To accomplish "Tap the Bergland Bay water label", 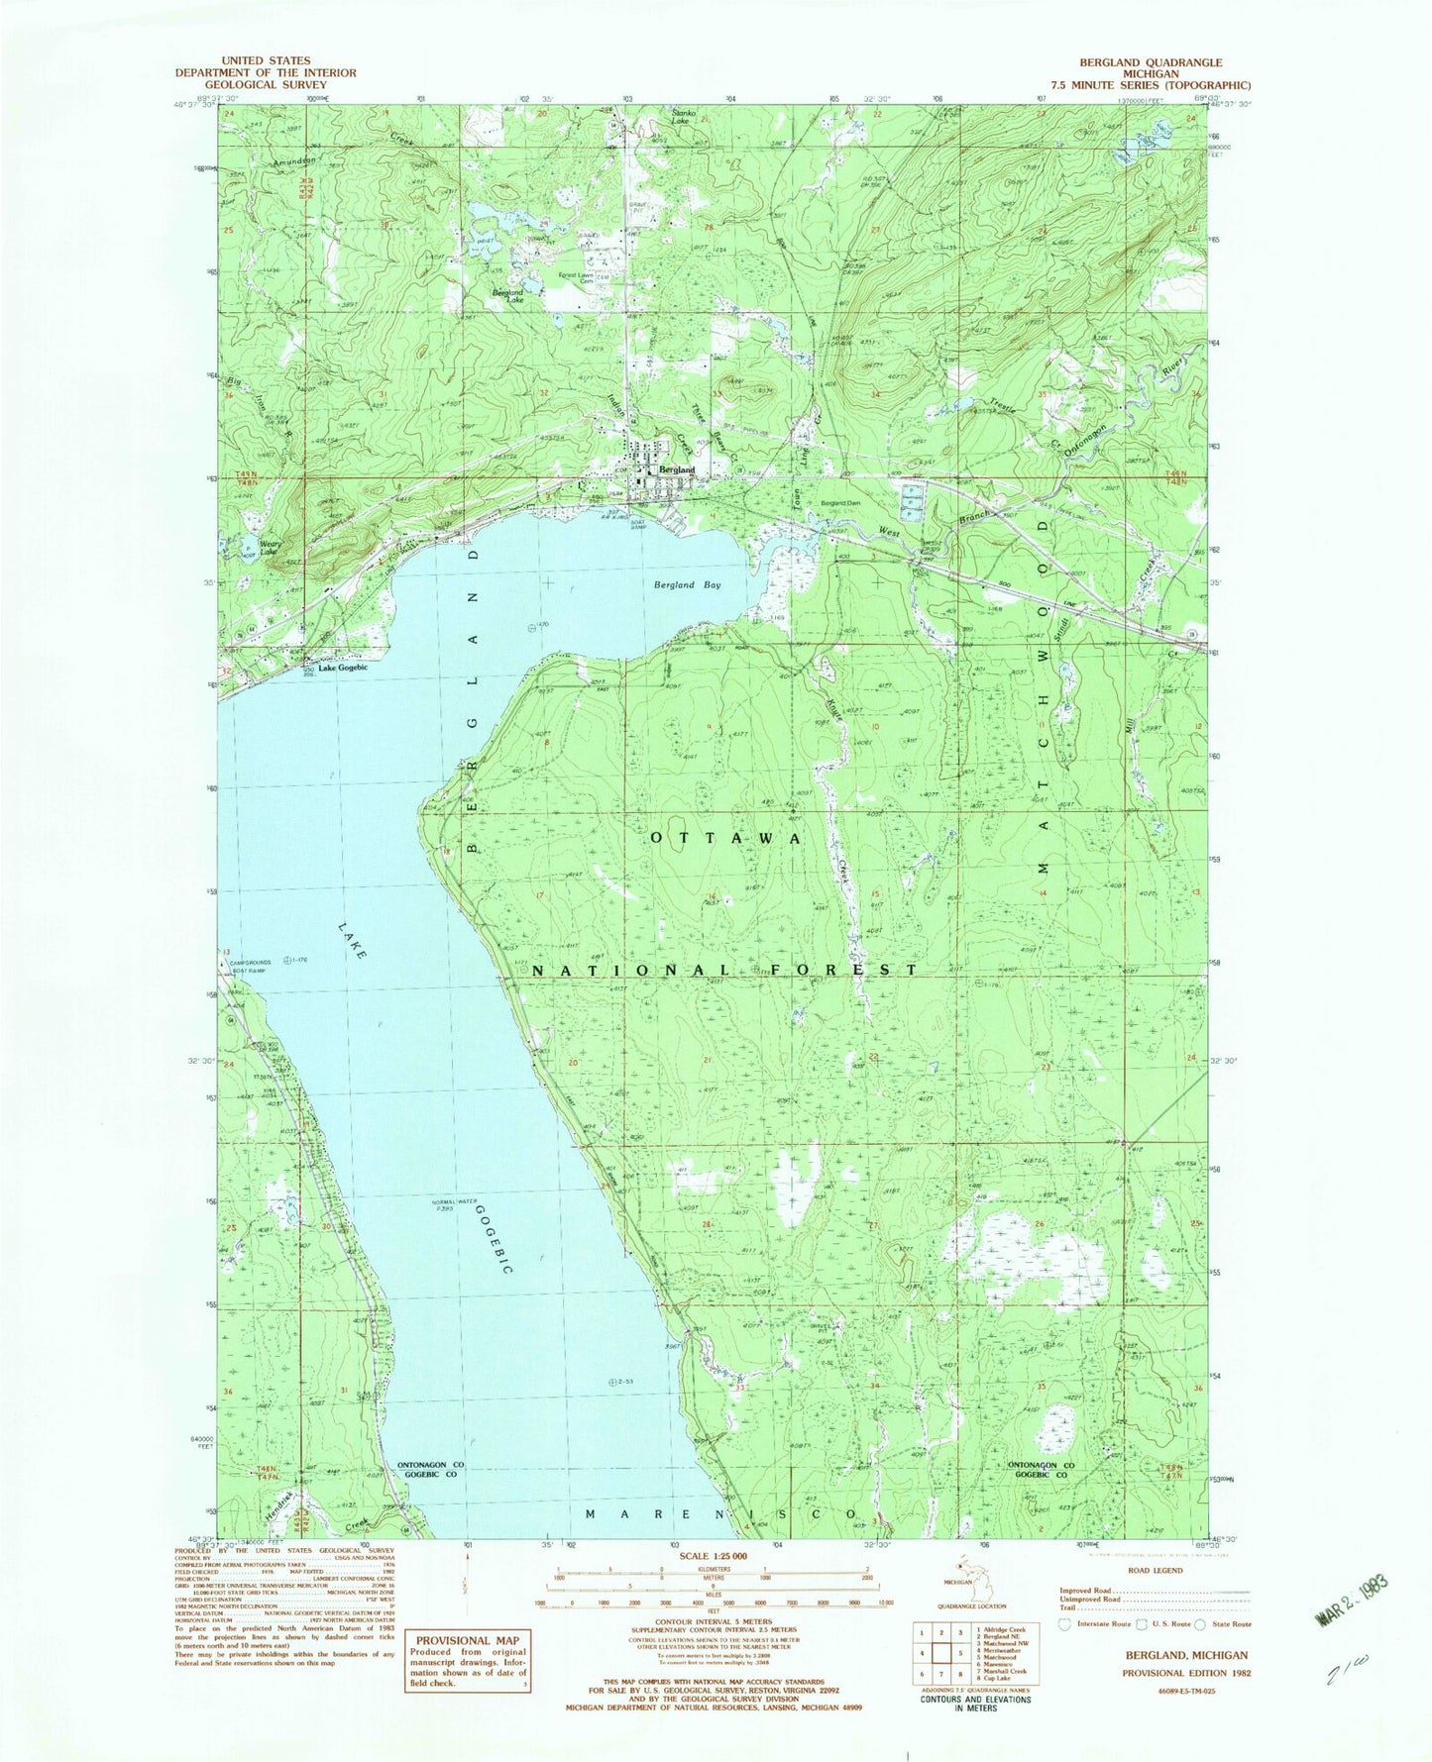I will pos(687,584).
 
